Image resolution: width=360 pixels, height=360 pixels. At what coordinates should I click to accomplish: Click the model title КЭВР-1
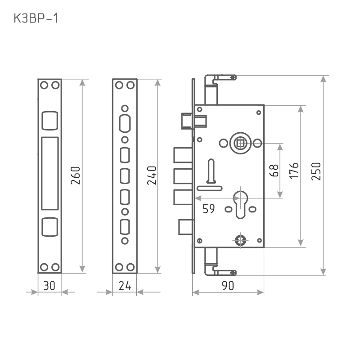[37, 18]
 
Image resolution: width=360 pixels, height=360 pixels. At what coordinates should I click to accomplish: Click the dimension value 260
[75, 176]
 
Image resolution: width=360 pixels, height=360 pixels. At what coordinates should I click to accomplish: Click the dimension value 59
[208, 208]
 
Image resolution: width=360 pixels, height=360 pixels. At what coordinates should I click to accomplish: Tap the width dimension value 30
[49, 285]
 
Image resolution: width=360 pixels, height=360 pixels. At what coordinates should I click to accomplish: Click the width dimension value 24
[124, 285]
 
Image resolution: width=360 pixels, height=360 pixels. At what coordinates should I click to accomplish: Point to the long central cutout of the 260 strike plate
[49, 173]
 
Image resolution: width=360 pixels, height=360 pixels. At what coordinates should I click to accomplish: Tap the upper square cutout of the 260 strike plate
[49, 120]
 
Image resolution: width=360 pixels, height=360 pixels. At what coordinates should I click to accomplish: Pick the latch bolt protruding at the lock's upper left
[186, 121]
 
